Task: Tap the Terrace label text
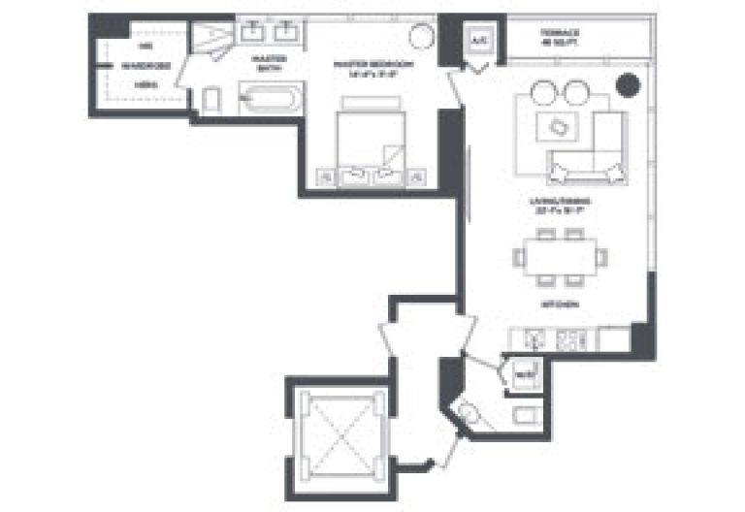pyautogui.click(x=560, y=39)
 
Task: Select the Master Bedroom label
pyautogui.click(x=373, y=67)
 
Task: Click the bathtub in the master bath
pyautogui.click(x=272, y=98)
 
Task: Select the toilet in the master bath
pyautogui.click(x=212, y=99)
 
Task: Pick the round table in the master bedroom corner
pyautogui.click(x=422, y=38)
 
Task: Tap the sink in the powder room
pyautogui.click(x=469, y=414)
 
